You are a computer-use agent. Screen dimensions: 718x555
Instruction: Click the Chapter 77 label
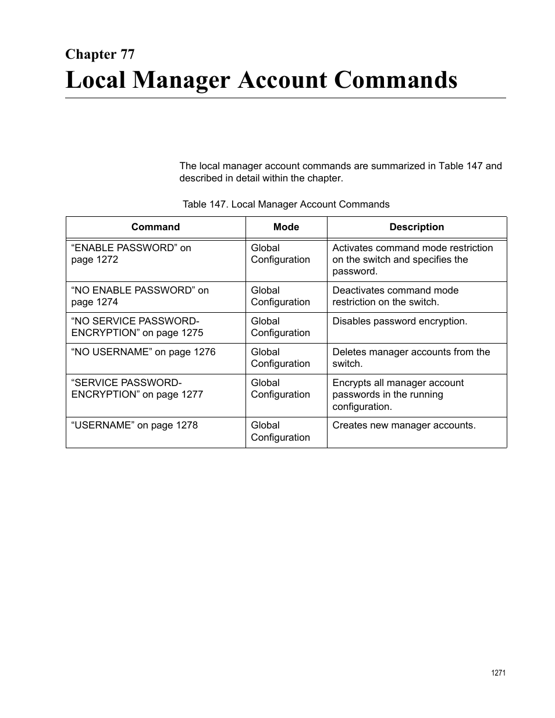pyautogui.click(x=100, y=54)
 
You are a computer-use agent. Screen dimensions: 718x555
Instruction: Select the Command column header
pyautogui.click(x=155, y=227)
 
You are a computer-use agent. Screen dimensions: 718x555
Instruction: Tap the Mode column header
pyautogui.click(x=286, y=227)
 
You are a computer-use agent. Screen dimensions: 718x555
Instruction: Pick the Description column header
pyautogui.click(x=417, y=227)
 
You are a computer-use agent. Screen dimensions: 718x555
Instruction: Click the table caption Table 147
pyautogui.click(x=286, y=204)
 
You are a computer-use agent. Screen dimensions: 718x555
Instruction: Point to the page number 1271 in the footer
pyautogui.click(x=498, y=673)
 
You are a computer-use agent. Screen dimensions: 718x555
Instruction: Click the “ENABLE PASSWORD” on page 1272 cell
pyautogui.click(x=131, y=254)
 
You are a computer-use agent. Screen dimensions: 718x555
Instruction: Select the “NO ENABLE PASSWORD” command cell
pyautogui.click(x=140, y=297)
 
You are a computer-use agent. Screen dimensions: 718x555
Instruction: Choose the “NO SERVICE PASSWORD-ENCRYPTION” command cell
pyautogui.click(x=137, y=327)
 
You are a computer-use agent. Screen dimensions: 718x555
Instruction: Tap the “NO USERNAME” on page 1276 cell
pyautogui.click(x=143, y=352)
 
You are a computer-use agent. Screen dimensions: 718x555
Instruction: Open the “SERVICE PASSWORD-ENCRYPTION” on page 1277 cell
pyautogui.click(x=137, y=389)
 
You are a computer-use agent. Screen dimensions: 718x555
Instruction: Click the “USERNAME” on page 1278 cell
pyautogui.click(x=134, y=426)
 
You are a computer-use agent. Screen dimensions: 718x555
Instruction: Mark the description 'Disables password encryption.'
pyautogui.click(x=400, y=322)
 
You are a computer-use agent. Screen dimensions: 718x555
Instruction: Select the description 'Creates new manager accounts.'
pyautogui.click(x=404, y=426)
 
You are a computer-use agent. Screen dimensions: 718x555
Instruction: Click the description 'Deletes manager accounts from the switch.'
pyautogui.click(x=411, y=358)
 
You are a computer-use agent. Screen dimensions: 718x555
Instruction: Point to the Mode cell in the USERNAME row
pyautogui.click(x=280, y=431)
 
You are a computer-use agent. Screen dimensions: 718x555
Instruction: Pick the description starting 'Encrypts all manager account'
pyautogui.click(x=398, y=395)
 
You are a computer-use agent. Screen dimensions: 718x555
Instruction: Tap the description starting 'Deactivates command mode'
pyautogui.click(x=395, y=297)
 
